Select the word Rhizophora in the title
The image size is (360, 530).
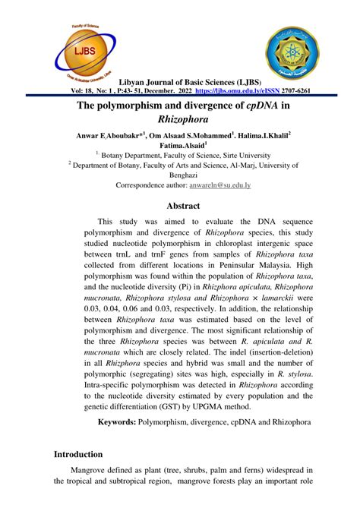pos(180,119)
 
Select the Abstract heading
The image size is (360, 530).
pos(184,206)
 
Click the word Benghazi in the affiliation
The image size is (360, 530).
pos(180,173)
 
